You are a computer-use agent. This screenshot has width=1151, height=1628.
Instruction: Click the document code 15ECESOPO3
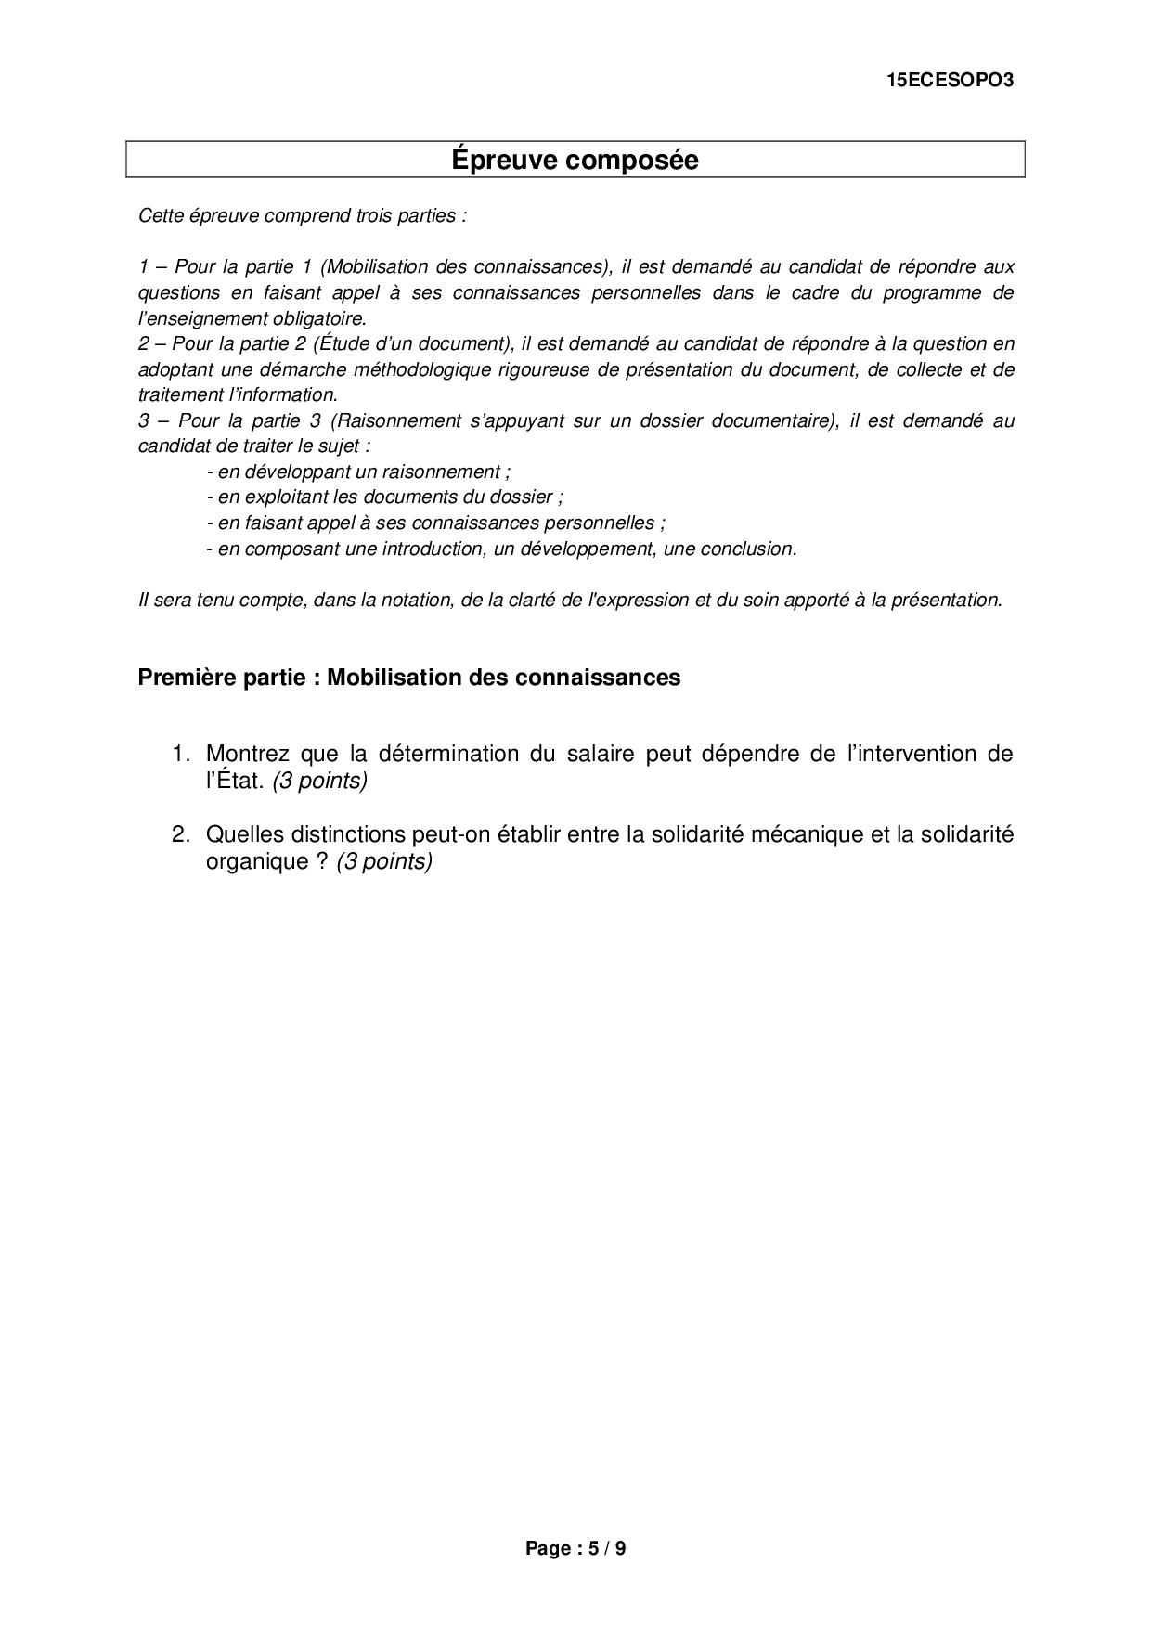pos(951,81)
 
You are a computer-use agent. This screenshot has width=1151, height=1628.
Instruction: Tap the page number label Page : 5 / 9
pos(575,1548)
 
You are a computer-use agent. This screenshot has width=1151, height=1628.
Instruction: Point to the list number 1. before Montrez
pos(181,754)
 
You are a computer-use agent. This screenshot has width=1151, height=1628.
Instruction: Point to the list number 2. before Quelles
pos(181,834)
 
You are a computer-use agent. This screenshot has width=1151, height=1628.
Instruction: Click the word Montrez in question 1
pos(246,754)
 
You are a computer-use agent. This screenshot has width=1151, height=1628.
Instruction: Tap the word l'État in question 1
pos(235,781)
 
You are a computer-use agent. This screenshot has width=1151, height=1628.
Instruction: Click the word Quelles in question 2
pos(241,834)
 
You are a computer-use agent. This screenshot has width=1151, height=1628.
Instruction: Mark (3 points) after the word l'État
pos(320,781)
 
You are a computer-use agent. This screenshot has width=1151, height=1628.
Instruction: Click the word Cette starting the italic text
pos(161,216)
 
